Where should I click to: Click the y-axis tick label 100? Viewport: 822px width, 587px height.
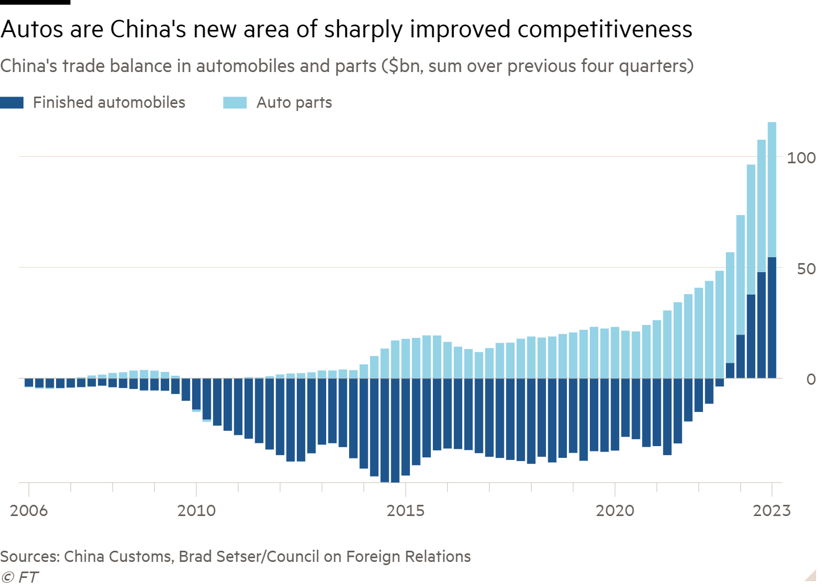(801, 158)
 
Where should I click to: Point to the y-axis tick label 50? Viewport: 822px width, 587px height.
(806, 269)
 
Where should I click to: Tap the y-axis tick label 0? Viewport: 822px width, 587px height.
(811, 379)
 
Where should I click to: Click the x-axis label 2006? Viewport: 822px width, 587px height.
(29, 511)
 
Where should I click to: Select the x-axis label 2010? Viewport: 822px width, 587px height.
(196, 511)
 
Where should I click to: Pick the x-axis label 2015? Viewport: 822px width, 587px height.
(406, 511)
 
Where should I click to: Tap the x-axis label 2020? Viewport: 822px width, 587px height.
(615, 511)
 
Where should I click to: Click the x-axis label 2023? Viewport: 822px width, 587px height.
(771, 511)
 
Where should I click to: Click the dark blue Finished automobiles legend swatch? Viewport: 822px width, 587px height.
(12, 102)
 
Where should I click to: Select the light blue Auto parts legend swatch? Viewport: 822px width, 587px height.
(235, 102)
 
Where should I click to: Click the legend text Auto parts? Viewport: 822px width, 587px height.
(294, 102)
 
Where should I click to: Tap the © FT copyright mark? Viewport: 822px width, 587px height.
(20, 577)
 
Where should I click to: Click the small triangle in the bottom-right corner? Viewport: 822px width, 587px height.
(811, 575)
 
